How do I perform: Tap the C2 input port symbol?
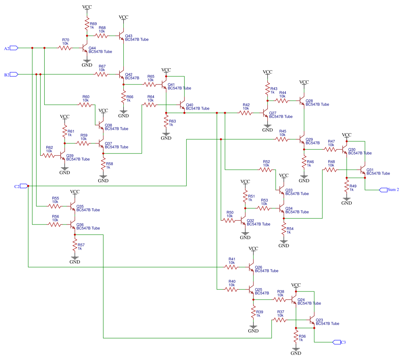coord(24,186)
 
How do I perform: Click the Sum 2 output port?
coord(383,190)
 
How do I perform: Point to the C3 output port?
coord(336,342)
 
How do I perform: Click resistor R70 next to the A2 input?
coord(65,48)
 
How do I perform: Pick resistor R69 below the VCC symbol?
coord(86,25)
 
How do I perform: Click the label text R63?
coord(172,121)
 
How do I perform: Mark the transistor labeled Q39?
coord(62,155)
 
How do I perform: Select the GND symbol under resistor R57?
coord(75,259)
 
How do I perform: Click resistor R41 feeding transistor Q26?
coord(232,267)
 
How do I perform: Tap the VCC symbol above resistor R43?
coord(267,73)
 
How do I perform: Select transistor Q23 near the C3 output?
coord(312,320)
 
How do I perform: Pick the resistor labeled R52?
coord(266,170)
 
